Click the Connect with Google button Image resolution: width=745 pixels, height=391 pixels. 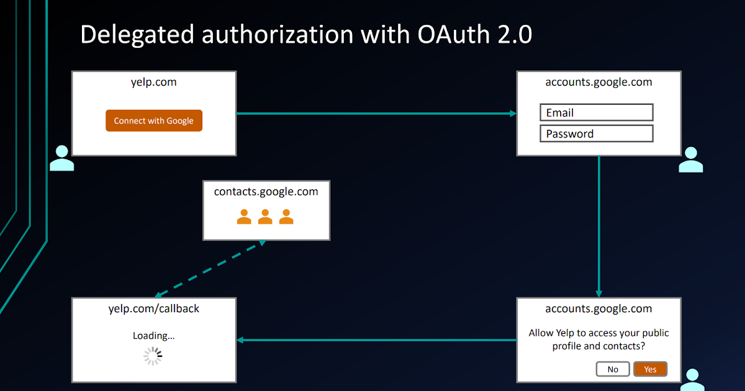[154, 121]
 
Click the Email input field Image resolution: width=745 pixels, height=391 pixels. [597, 112]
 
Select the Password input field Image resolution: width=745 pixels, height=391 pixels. [597, 133]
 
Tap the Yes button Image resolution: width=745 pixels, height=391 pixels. [650, 369]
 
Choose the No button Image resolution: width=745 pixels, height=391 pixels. [613, 369]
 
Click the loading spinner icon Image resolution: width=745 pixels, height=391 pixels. [153, 356]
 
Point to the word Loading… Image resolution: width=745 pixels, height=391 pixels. [153, 336]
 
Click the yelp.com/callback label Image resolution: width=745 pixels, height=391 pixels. [153, 308]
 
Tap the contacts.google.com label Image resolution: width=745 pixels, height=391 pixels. [266, 192]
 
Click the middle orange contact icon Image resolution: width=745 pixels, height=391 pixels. [265, 217]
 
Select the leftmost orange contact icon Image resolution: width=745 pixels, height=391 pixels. [245, 217]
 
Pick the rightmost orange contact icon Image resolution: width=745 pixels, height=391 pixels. [286, 217]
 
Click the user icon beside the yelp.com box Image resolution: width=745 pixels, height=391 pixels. [61, 158]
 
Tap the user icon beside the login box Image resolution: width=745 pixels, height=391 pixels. [690, 160]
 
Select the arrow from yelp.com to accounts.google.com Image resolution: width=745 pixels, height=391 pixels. [376, 114]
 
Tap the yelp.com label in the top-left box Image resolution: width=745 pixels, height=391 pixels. [153, 82]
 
